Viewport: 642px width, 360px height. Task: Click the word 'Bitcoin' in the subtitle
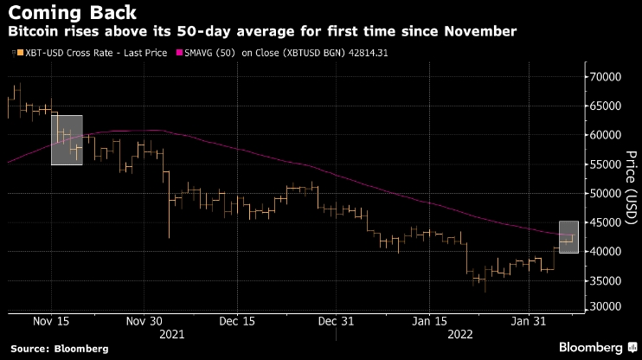(x=34, y=32)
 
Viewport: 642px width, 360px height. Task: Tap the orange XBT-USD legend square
(x=13, y=54)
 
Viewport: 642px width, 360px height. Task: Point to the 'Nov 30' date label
(x=144, y=321)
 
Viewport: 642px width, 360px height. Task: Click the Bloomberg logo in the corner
(x=593, y=348)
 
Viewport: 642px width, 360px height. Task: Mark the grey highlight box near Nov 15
(x=67, y=139)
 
